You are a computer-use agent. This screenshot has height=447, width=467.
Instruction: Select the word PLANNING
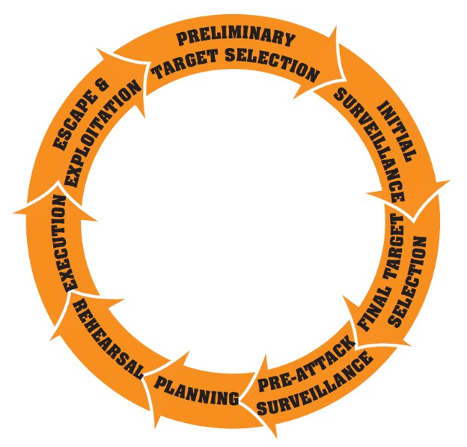pyautogui.click(x=197, y=389)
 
